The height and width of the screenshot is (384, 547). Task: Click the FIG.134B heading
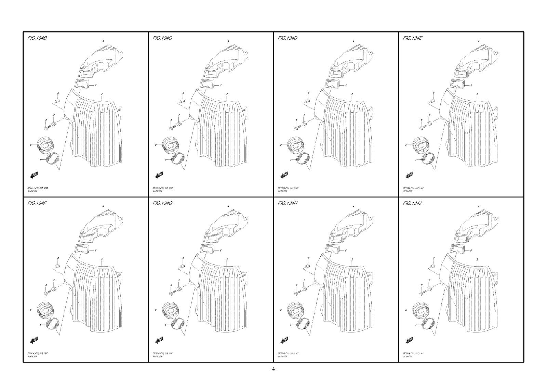pyautogui.click(x=37, y=38)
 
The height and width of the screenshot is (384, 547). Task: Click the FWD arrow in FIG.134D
pyautogui.click(x=284, y=175)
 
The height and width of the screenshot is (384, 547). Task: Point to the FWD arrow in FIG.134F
pyautogui.click(x=34, y=340)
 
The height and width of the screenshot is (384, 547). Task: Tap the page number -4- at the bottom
pyautogui.click(x=273, y=369)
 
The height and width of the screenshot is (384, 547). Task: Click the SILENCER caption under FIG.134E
pyautogui.click(x=408, y=191)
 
